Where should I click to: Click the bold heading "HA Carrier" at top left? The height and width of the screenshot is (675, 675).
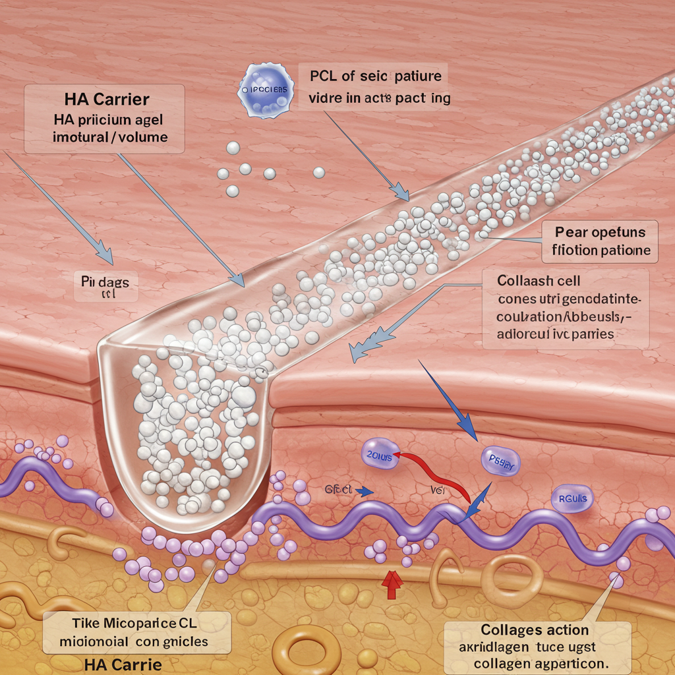click(x=107, y=100)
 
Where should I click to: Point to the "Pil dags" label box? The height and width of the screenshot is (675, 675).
click(x=105, y=285)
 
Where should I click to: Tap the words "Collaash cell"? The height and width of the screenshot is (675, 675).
click(x=535, y=281)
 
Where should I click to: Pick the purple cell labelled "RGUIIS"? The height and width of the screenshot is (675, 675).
click(x=572, y=498)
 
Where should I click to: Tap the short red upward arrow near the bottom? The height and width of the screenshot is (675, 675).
click(x=392, y=584)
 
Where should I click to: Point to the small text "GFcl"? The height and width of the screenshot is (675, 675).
click(x=338, y=489)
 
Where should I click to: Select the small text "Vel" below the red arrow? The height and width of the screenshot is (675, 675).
click(x=437, y=489)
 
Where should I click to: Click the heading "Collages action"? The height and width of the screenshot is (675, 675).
click(x=535, y=630)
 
